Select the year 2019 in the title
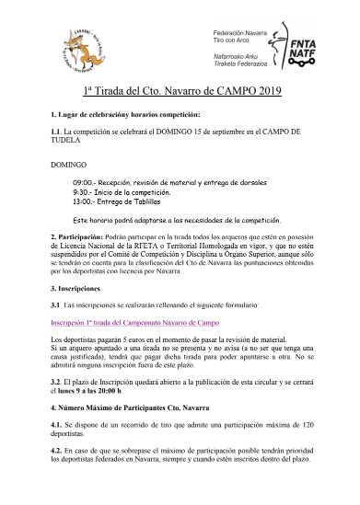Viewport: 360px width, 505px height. point(266,92)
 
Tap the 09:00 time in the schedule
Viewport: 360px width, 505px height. point(86,182)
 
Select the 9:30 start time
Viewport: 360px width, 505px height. point(83,192)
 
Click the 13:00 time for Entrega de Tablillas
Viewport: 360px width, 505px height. point(86,201)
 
